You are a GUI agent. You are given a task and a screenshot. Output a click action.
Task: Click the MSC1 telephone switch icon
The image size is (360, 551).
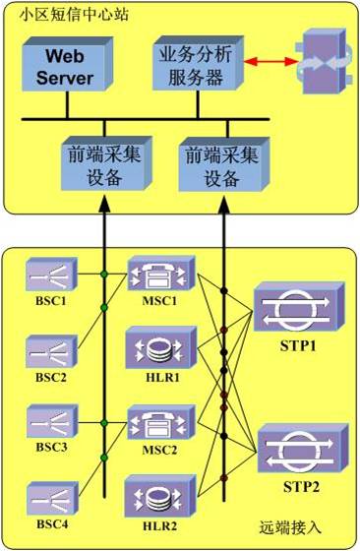point(157,271)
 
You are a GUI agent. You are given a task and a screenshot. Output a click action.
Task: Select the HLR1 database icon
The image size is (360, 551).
point(157,344)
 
